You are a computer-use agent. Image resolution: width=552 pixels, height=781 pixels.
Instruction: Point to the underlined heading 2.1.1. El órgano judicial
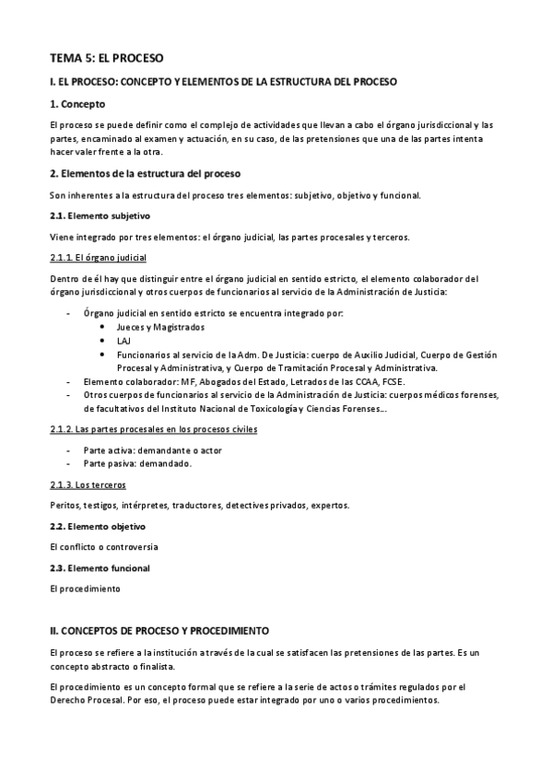[98, 258]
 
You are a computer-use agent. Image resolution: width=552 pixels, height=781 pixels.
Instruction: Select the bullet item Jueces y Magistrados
[159, 327]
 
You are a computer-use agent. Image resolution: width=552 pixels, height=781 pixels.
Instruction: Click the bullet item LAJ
[123, 341]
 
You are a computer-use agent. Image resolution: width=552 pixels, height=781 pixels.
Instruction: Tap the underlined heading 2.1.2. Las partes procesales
[153, 429]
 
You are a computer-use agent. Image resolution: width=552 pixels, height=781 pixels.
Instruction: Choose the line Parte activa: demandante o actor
[152, 450]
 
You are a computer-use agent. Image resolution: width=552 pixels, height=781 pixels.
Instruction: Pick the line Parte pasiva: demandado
[137, 464]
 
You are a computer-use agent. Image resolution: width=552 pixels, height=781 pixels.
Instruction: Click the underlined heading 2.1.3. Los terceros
[88, 484]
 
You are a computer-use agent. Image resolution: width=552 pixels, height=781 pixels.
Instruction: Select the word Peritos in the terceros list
[65, 505]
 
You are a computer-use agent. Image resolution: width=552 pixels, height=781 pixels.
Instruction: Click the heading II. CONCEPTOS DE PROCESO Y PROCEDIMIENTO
[159, 631]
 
